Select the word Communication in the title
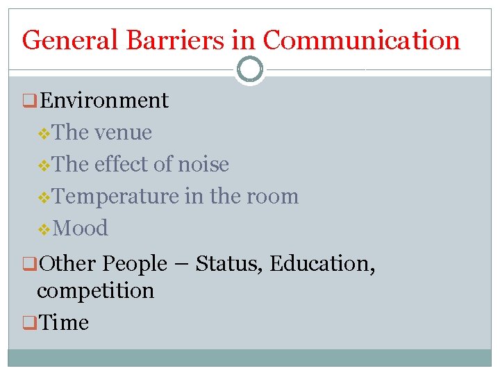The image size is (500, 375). click(361, 40)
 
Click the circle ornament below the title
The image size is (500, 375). click(250, 69)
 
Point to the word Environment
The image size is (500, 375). click(104, 101)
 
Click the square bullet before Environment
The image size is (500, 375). click(28, 101)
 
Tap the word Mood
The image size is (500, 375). click(80, 228)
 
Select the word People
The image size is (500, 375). click(135, 264)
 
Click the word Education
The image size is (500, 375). click(320, 264)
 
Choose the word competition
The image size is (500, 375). click(96, 290)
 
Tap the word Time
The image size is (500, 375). click(65, 323)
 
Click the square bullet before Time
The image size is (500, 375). click(28, 323)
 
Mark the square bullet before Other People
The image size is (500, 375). click(28, 265)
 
